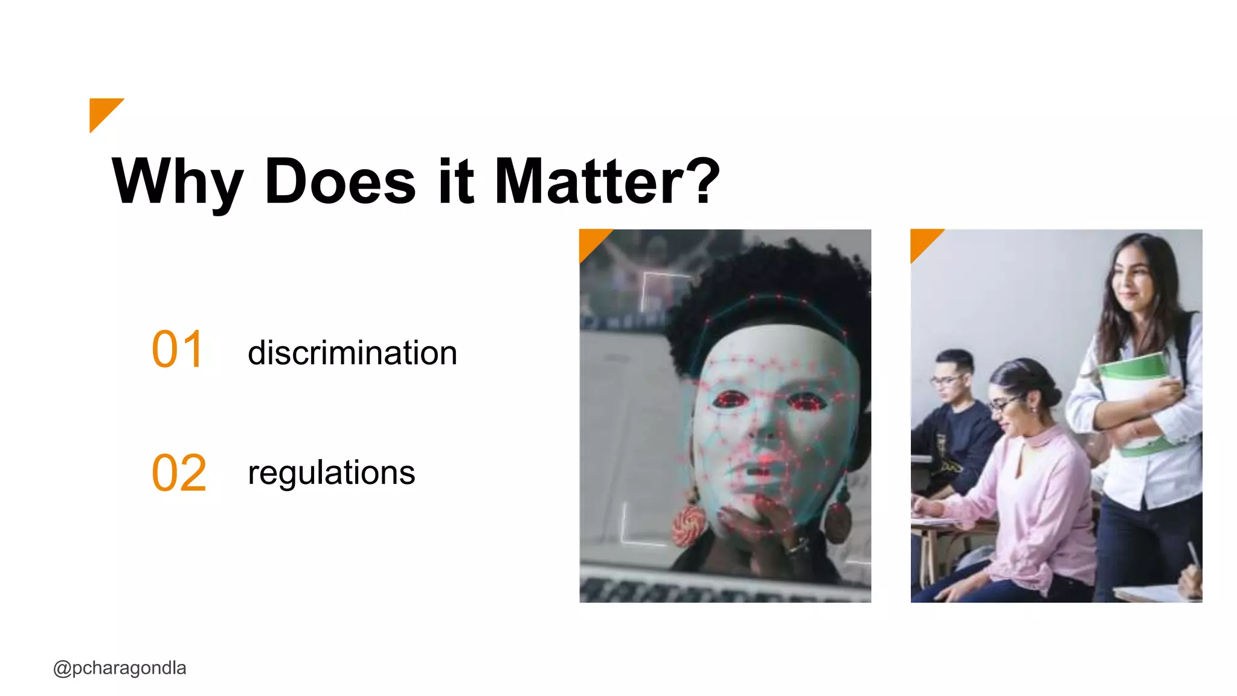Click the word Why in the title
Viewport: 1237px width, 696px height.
[178, 181]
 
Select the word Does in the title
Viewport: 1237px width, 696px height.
[340, 181]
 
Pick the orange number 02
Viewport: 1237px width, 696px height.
[179, 472]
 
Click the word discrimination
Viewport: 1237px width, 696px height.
[352, 353]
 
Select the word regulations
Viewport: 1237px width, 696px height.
[331, 472]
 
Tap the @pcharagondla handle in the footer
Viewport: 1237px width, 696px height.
[120, 668]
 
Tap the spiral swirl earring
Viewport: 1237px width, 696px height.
[690, 524]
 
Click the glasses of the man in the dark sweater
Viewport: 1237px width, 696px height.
[946, 380]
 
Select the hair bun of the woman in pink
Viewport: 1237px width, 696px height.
[1051, 396]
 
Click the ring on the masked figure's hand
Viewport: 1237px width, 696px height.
[797, 547]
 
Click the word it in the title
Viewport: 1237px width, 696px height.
[455, 181]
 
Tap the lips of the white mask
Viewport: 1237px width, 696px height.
[762, 468]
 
